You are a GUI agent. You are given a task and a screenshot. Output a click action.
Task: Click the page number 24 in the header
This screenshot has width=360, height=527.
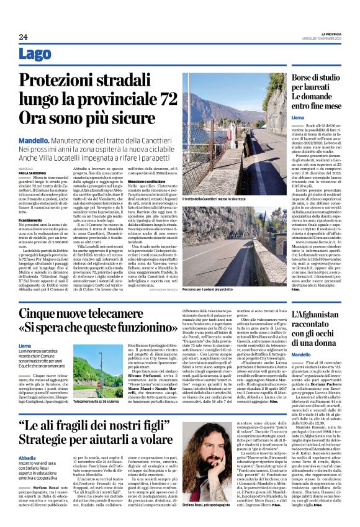23,37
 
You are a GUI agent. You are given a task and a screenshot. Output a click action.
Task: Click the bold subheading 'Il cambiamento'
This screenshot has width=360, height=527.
30,222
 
